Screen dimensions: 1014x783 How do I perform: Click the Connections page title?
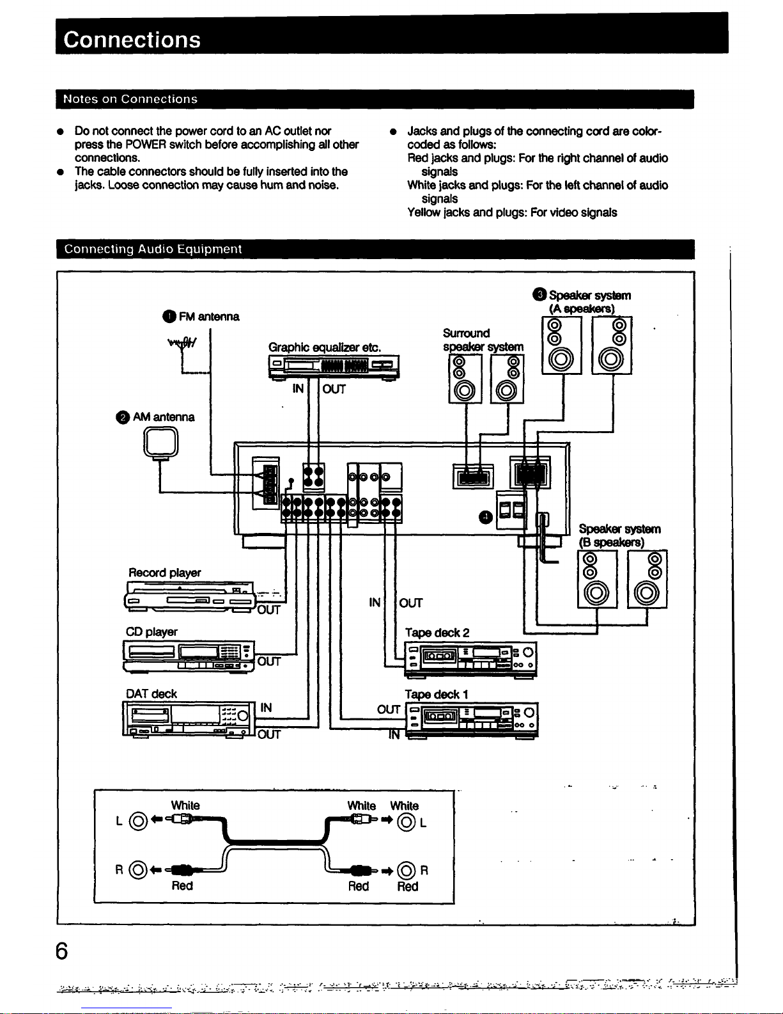(x=132, y=40)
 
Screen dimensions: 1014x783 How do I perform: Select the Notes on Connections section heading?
(x=130, y=99)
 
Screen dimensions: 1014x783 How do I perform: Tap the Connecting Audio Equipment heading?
(x=153, y=249)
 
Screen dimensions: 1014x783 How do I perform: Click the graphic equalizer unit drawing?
(x=334, y=367)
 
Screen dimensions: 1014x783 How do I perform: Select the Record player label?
(x=164, y=573)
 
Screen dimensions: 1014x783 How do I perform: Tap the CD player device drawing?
(x=189, y=656)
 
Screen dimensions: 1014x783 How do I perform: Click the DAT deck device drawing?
(x=188, y=719)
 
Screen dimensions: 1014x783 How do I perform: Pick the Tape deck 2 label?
(x=437, y=633)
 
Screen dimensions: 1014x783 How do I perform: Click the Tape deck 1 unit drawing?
(x=472, y=720)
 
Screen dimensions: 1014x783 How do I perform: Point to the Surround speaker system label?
(x=483, y=340)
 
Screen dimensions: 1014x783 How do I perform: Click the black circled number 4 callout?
(x=486, y=517)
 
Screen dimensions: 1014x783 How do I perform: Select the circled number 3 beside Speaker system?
(x=539, y=295)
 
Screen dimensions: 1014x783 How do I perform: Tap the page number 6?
(x=61, y=951)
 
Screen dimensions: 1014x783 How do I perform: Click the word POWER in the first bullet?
(x=146, y=145)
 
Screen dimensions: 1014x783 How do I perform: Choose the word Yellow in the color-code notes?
(x=424, y=212)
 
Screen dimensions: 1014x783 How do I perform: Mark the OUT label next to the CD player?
(x=269, y=661)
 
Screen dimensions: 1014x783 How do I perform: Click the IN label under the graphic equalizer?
(x=298, y=388)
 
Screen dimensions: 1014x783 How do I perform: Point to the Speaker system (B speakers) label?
(x=619, y=535)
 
